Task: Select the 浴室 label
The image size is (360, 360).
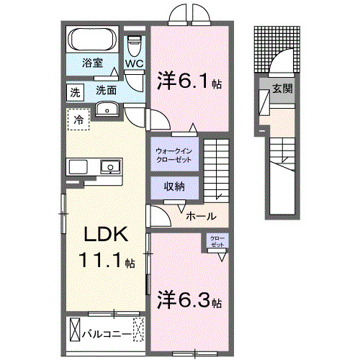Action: point(91,63)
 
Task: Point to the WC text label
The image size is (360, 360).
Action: point(135,64)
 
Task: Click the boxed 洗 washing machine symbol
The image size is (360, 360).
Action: point(75,92)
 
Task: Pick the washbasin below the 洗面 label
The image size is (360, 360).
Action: point(107,109)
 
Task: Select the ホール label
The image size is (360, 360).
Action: point(199,215)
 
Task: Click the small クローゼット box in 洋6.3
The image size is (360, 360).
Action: point(217,242)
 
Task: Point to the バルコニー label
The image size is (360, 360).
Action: point(105,334)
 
